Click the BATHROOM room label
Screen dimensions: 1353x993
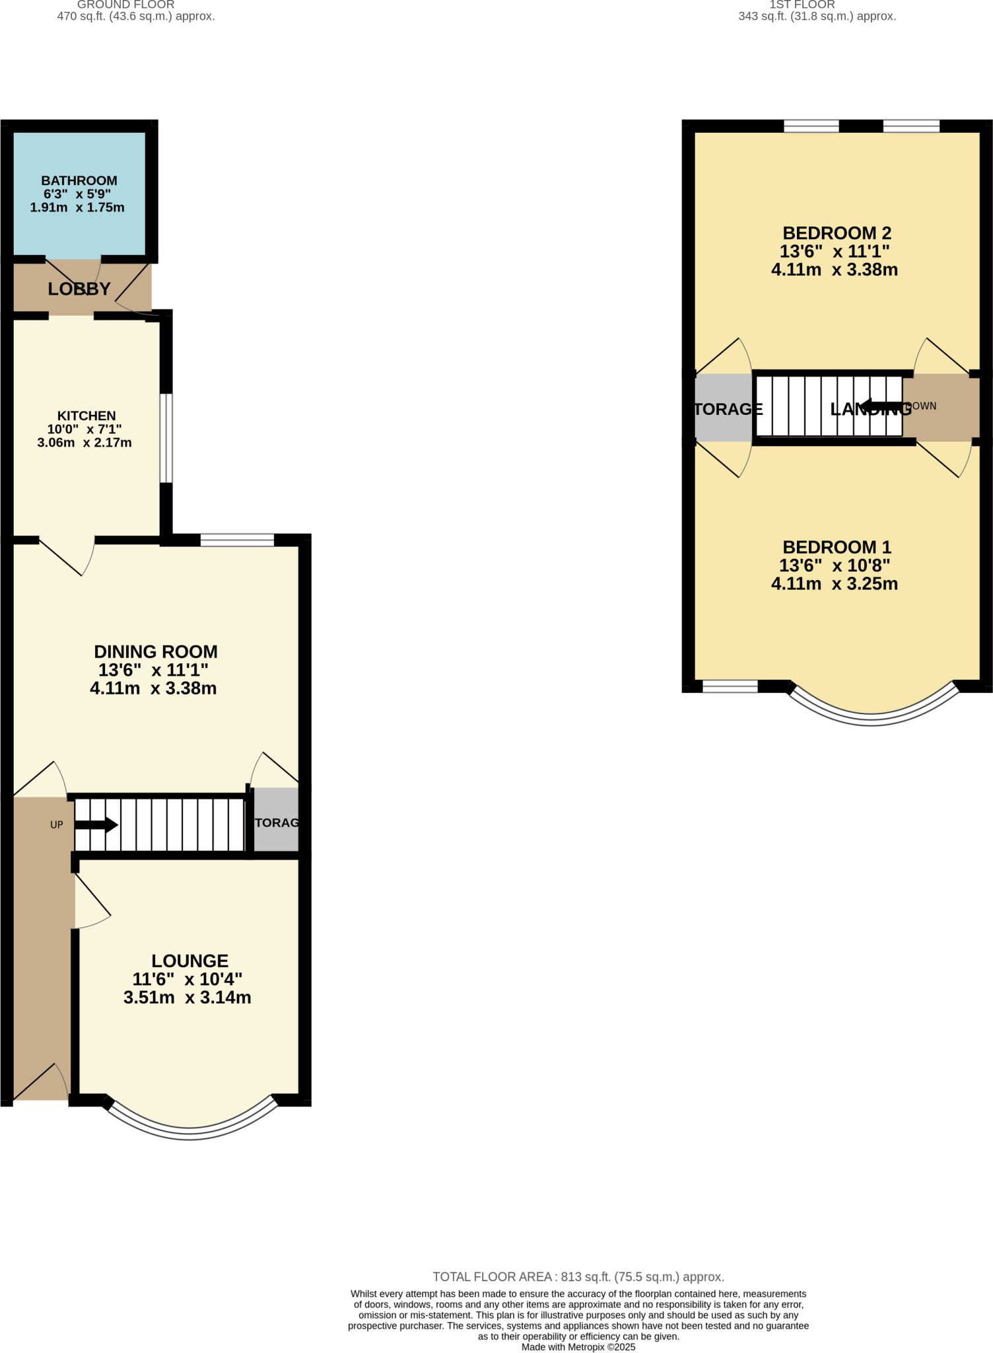pyautogui.click(x=79, y=180)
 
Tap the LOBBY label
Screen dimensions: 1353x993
pyautogui.click(x=79, y=289)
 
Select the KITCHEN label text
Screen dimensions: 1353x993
pyautogui.click(x=86, y=416)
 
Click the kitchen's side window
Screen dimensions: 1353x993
pyautogui.click(x=166, y=438)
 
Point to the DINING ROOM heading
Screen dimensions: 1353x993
pyautogui.click(x=156, y=651)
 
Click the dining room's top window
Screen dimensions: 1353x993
pyautogui.click(x=237, y=540)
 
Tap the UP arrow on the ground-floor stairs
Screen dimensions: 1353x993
pyautogui.click(x=96, y=825)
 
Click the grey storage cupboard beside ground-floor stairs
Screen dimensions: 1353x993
pyautogui.click(x=276, y=823)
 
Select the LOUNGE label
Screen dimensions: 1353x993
pyautogui.click(x=189, y=961)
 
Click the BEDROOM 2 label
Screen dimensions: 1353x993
pyautogui.click(x=837, y=233)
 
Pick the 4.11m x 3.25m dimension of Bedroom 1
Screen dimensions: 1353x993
pyautogui.click(x=834, y=584)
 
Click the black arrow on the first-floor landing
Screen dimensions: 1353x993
pyautogui.click(x=881, y=406)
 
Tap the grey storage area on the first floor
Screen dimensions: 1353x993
pyautogui.click(x=724, y=408)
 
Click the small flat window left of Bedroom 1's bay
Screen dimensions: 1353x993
pyautogui.click(x=730, y=687)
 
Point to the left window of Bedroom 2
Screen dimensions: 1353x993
pyautogui.click(x=811, y=126)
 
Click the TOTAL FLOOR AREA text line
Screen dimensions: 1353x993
pyautogui.click(x=578, y=1277)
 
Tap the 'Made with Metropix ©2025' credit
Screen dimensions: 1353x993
pyautogui.click(x=578, y=1347)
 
